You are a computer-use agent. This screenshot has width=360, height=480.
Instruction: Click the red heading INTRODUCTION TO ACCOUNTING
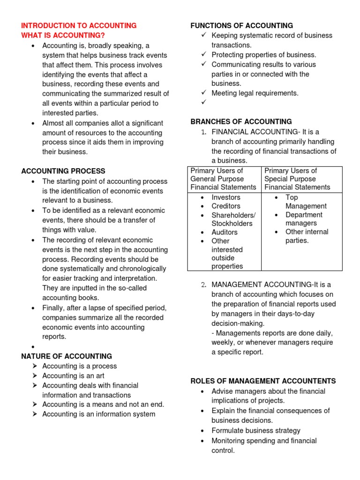79,26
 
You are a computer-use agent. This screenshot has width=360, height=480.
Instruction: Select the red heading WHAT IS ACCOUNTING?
63,36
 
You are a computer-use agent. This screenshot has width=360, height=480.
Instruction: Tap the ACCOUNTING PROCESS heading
63,171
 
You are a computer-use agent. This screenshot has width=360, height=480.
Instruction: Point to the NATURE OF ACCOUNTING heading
67,356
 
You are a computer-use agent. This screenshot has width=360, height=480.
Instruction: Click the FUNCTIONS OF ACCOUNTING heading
241,26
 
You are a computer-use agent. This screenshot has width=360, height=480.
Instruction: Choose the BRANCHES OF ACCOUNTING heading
241,122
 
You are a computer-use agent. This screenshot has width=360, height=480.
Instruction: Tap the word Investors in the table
225,197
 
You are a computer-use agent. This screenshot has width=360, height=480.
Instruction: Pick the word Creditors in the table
225,206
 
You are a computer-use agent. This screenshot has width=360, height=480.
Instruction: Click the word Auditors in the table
225,232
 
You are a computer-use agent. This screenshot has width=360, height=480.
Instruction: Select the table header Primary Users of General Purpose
223,179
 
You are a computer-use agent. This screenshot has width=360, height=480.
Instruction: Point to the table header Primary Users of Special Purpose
297,179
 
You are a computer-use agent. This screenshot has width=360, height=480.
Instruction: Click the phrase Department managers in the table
304,219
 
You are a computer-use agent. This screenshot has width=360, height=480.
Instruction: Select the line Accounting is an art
73,376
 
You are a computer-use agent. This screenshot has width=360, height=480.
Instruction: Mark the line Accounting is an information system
98,414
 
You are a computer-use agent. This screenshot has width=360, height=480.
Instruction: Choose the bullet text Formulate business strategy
256,430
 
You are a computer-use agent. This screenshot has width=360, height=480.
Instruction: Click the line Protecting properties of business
264,55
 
